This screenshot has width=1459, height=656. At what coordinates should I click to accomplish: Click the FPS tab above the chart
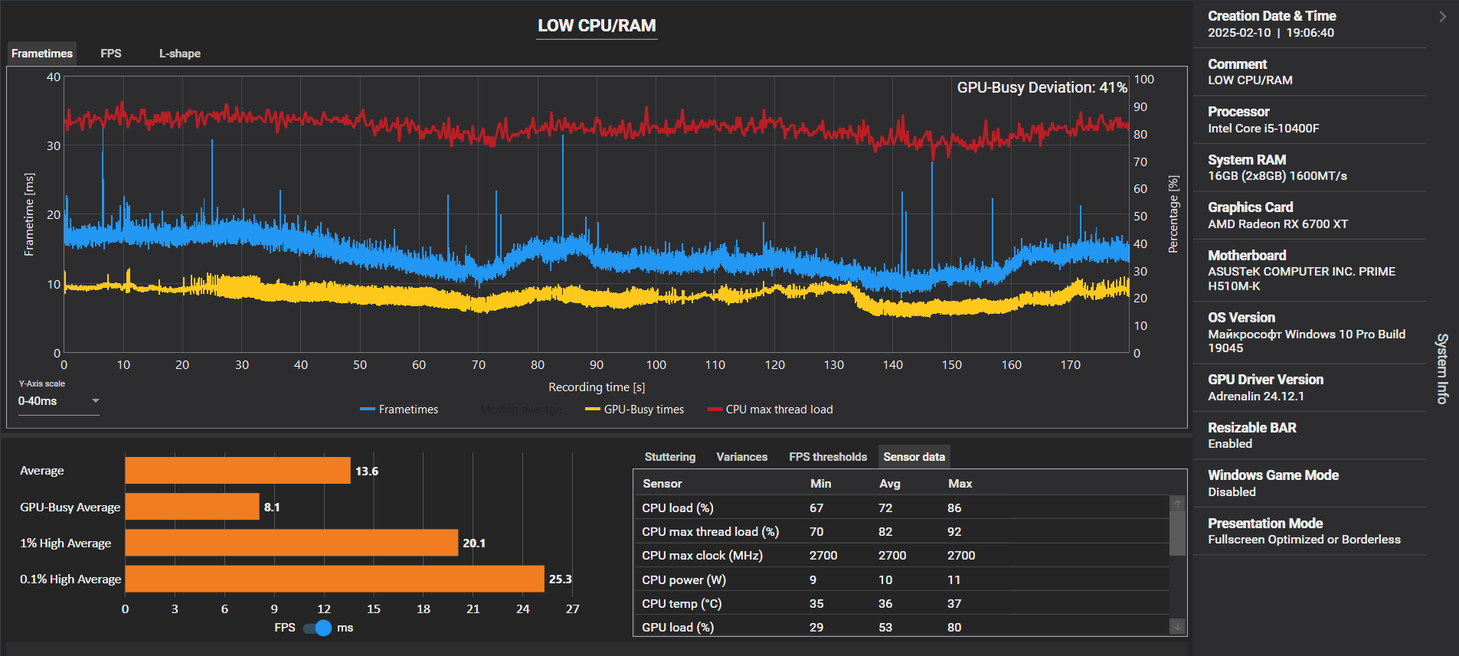tap(111, 54)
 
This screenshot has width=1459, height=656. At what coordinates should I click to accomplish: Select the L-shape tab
tap(180, 54)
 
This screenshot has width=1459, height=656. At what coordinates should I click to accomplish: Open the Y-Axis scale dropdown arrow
tap(96, 400)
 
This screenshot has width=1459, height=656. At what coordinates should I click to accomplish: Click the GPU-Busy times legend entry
tap(635, 410)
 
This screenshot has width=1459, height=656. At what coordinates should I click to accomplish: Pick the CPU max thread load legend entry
tap(770, 410)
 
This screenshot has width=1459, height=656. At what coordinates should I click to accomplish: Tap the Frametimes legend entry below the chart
tap(399, 410)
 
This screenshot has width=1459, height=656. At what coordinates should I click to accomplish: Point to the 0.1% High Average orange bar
tap(335, 579)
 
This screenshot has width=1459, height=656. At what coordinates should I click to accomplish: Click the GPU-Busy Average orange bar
tap(192, 507)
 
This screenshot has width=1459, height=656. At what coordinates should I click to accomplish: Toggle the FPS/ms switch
tap(317, 628)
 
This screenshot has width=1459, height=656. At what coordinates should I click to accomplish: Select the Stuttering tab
tap(670, 457)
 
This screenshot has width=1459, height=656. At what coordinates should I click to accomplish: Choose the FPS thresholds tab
tap(828, 457)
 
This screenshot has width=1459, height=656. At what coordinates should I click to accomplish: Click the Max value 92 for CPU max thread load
tap(954, 531)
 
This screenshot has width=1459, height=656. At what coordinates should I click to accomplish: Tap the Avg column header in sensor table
tap(890, 484)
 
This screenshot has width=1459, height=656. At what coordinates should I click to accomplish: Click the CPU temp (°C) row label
tap(682, 603)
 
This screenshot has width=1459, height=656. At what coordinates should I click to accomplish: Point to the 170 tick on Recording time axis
tap(1071, 365)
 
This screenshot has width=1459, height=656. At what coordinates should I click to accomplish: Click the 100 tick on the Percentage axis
tap(1144, 80)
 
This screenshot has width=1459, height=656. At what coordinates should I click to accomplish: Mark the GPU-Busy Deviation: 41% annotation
tap(1042, 87)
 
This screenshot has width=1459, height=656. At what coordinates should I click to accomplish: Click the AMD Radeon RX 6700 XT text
tap(1278, 224)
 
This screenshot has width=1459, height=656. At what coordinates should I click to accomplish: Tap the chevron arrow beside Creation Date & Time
tap(1443, 16)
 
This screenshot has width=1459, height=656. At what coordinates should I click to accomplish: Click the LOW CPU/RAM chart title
tap(597, 26)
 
